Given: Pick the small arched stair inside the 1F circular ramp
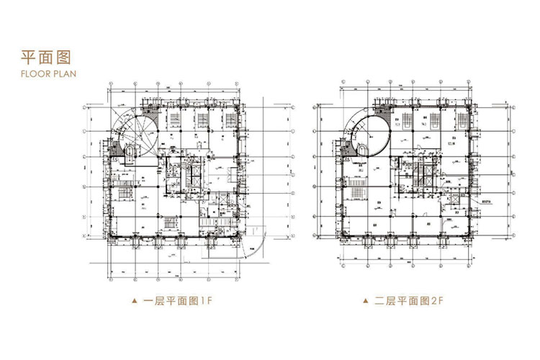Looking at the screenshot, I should (x=130, y=153).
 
